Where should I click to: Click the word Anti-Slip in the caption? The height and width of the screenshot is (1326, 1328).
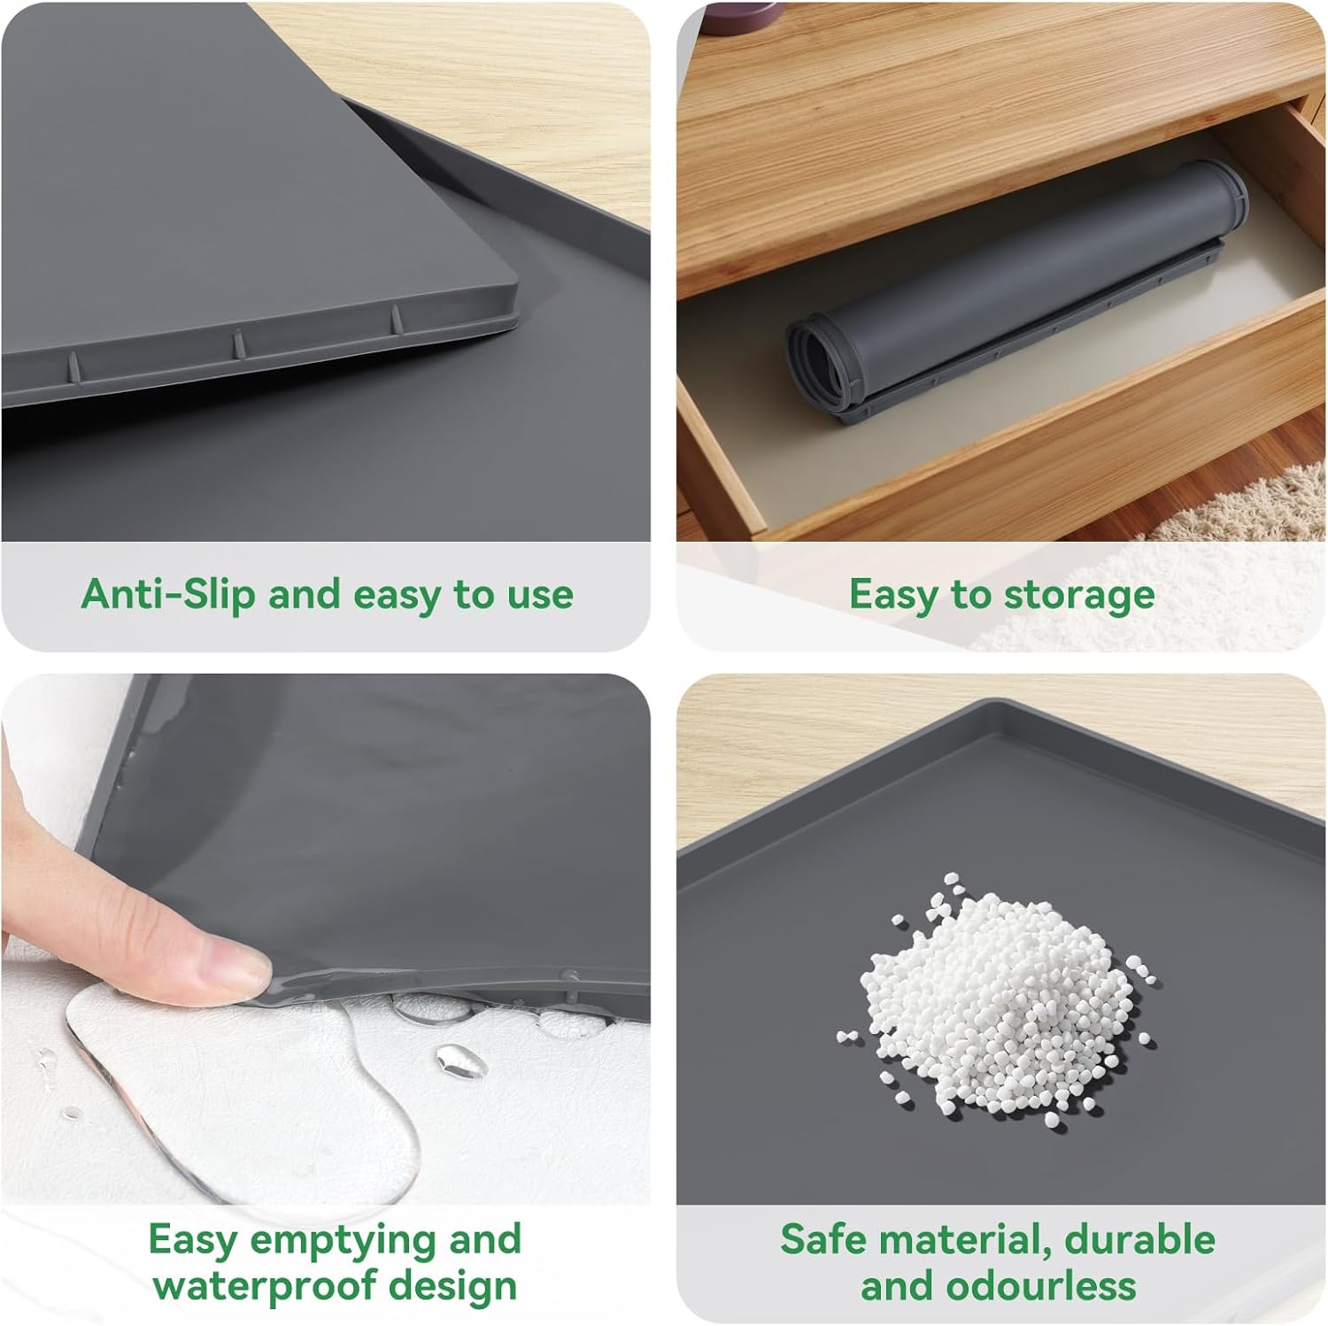pos(168,594)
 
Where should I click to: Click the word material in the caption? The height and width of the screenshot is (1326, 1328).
pos(964,1240)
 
